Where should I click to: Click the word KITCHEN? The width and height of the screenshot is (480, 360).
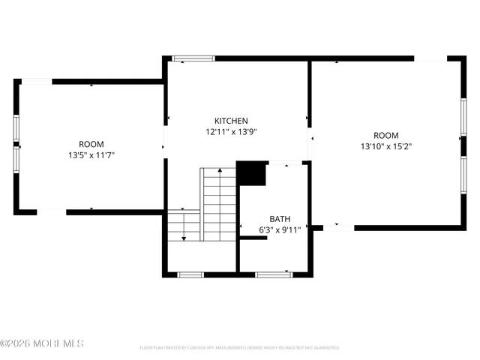231,121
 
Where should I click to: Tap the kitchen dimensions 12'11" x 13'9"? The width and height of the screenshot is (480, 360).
231,131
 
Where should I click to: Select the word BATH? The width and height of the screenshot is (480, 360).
280,219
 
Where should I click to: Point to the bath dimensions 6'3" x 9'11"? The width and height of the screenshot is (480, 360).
280,230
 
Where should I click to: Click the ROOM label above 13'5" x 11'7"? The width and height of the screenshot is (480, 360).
91,144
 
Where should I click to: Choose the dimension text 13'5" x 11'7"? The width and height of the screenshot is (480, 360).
91,155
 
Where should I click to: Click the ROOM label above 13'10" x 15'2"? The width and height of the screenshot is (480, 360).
386,136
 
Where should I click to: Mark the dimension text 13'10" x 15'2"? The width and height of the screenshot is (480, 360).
386,147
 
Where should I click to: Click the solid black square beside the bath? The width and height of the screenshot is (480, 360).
252,173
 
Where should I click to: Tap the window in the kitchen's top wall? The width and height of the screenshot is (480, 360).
193,58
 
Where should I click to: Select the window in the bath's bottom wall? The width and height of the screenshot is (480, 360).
274,274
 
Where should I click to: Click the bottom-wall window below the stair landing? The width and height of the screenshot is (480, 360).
190,274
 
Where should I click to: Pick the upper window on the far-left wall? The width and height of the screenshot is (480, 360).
16,127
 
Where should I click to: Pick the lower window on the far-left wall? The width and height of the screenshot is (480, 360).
16,158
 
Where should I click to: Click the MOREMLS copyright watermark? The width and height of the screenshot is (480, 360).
42,344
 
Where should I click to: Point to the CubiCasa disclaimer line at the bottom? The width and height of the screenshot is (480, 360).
239,348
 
